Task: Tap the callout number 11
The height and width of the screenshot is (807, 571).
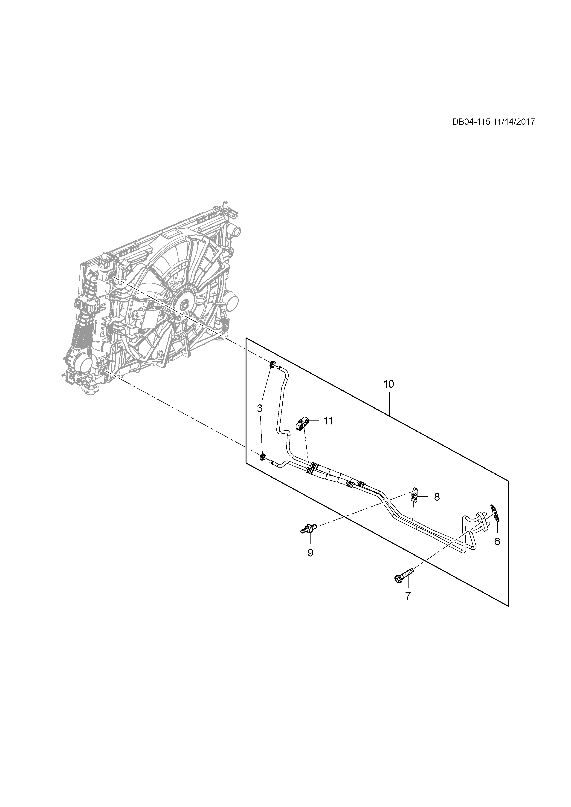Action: pyautogui.click(x=328, y=421)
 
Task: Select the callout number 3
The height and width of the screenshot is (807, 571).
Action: pyautogui.click(x=260, y=408)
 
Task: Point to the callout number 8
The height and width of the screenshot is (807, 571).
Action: pyautogui.click(x=437, y=497)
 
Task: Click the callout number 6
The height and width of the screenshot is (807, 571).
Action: pyautogui.click(x=497, y=541)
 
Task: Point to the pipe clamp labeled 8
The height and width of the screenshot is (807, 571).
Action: pyautogui.click(x=414, y=497)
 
